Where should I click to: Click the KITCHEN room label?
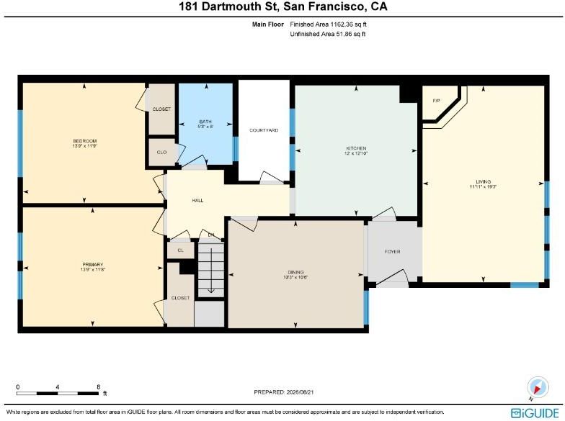point(356,148)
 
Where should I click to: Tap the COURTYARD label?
point(264,130)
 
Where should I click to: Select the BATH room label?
point(205,122)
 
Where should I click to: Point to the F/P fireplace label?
point(437,101)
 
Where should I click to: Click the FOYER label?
point(392,252)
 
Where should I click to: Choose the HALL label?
point(197,200)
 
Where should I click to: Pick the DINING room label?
point(295,272)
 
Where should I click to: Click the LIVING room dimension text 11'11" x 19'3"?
point(483,187)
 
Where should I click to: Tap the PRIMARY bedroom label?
point(92,265)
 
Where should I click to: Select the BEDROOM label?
point(85,141)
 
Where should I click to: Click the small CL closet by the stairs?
point(180,250)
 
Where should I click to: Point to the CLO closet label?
point(161,153)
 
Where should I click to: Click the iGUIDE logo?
point(535,412)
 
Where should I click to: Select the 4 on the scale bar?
point(58,387)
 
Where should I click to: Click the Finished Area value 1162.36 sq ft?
point(349,24)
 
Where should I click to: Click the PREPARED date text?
point(284,391)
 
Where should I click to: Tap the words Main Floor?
point(268,24)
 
